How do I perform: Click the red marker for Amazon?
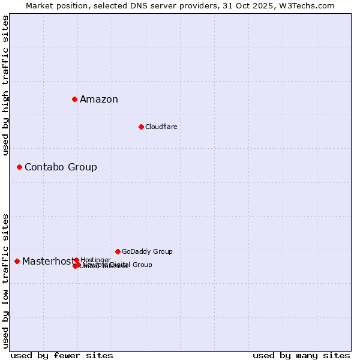[x=74, y=99]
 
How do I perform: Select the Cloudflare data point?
[x=141, y=127]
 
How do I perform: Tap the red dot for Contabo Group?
[x=19, y=167]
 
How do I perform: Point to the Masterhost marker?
[x=17, y=261]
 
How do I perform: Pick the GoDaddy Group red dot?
[x=118, y=251]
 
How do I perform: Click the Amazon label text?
[x=99, y=100]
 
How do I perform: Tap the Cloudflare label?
[x=161, y=127]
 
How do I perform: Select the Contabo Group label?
[x=61, y=167]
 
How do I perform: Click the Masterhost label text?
[x=48, y=262]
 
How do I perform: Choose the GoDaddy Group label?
[x=147, y=252]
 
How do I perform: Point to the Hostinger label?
[x=95, y=260]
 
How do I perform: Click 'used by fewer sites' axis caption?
[x=62, y=355]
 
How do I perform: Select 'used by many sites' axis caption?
[x=301, y=355]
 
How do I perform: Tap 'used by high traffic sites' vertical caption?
[x=6, y=86]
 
